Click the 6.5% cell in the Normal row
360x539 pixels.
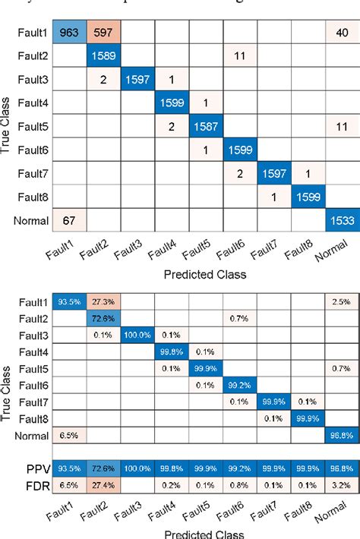pos(69,436)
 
